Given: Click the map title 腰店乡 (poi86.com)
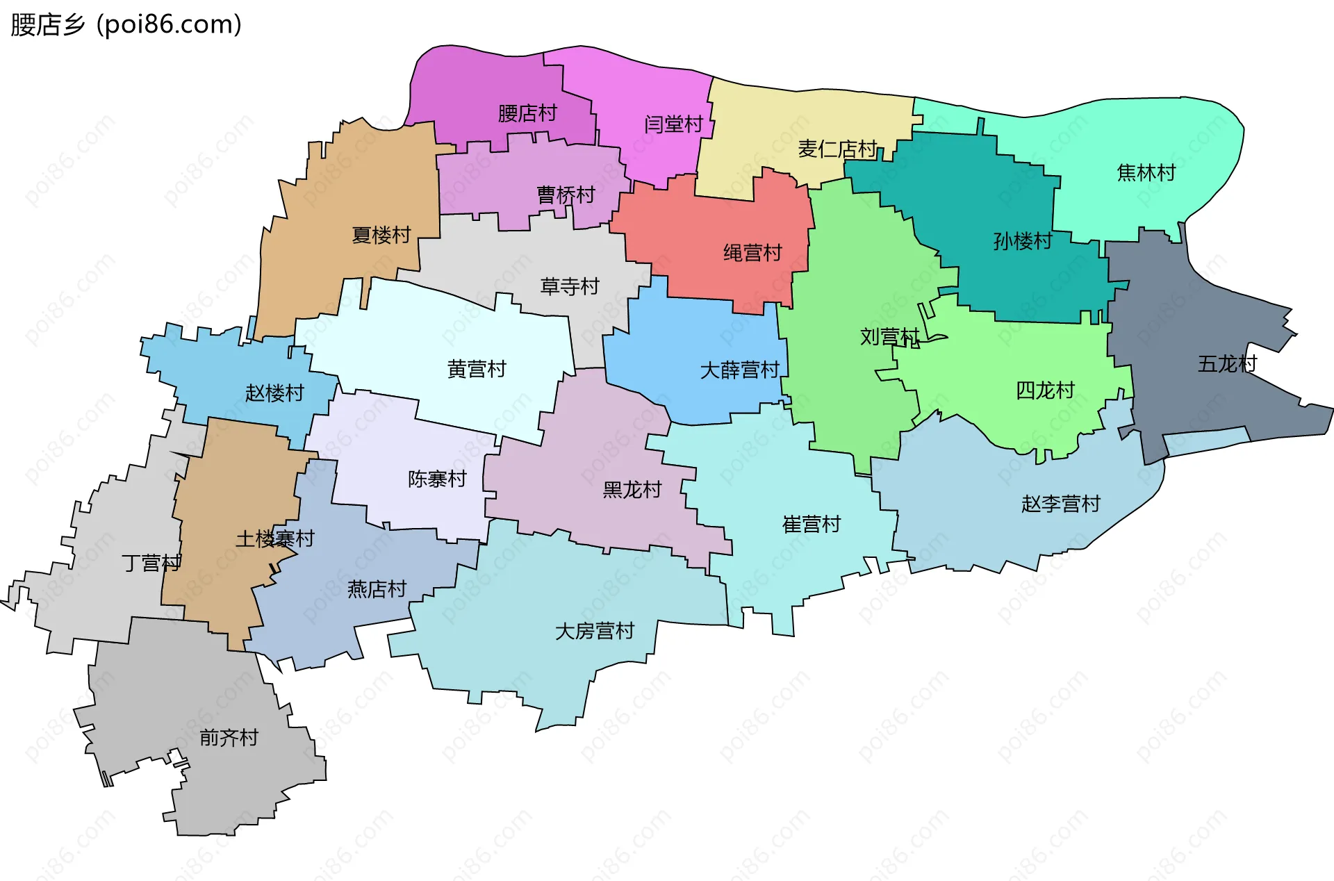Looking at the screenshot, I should pos(126,24).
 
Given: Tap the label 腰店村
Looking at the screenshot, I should pos(527,113).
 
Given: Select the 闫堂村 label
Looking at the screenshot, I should pos(673,124).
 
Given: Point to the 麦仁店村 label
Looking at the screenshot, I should pos(837,149).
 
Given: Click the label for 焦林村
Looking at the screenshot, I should pos(1146,172).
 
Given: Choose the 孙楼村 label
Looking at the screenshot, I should pos(1023,241).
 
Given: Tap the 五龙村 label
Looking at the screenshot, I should pos(1227,363).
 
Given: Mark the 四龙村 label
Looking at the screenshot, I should pos(1045,390).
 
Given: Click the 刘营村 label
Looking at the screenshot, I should pos(890,337).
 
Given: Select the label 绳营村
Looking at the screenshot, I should pos(752,252).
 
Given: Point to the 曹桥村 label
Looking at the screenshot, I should pos(566,195).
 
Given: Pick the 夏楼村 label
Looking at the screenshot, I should pos(381,235).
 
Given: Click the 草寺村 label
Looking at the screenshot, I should pos(570,286).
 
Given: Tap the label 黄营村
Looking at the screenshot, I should pos(477,369).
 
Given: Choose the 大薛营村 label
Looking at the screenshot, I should pos(739,370).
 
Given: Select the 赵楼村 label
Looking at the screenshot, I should pos(274,393).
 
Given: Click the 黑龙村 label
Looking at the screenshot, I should pos(632,490).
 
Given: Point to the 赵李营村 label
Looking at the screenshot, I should pos(1061,504).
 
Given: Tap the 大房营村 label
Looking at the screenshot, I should pos(595,631).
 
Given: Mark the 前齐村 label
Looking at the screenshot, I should pos(229,737).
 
